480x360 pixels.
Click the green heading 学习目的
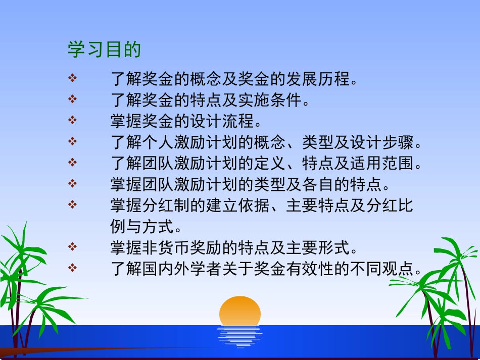(104, 50)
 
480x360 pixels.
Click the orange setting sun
(240, 311)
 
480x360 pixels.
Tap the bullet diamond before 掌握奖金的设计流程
(73, 120)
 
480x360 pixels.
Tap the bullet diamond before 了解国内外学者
(73, 268)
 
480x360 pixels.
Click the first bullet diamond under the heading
(73, 78)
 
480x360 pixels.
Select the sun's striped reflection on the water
(239, 336)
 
